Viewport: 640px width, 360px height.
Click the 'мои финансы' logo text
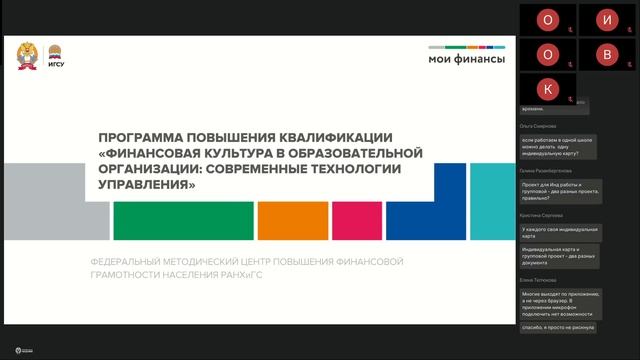(466, 59)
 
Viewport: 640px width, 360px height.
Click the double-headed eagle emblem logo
(27, 56)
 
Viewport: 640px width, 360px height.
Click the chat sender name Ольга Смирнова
(539, 125)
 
